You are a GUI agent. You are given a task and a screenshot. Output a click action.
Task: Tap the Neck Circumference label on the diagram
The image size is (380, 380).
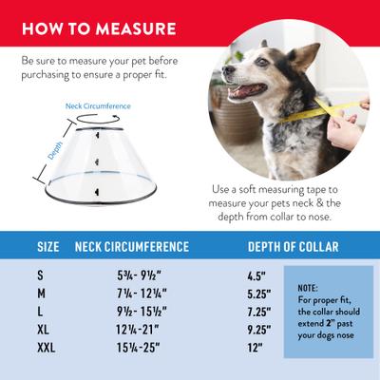click(98, 105)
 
